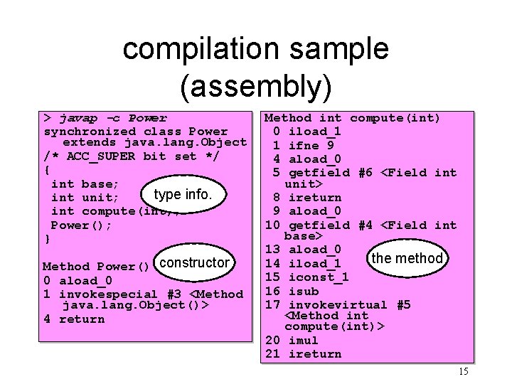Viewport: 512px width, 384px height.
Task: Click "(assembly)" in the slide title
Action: click(x=256, y=86)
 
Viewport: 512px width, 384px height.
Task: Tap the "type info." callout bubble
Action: click(x=182, y=194)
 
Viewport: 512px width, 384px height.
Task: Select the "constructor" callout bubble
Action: click(x=194, y=262)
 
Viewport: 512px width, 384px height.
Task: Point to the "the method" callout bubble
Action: click(x=407, y=258)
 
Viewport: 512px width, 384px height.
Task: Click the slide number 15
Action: click(x=464, y=371)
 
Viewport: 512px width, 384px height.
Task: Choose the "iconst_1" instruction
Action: click(x=319, y=277)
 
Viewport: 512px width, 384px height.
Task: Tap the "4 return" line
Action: click(x=74, y=319)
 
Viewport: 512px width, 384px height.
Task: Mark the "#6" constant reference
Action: click(x=365, y=172)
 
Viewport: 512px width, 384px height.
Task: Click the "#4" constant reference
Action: click(x=365, y=225)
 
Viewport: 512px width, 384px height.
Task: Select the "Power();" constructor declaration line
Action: click(x=81, y=225)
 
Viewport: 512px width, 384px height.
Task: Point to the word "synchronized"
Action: click(x=90, y=132)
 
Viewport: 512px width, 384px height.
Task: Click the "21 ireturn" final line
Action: click(x=304, y=354)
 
